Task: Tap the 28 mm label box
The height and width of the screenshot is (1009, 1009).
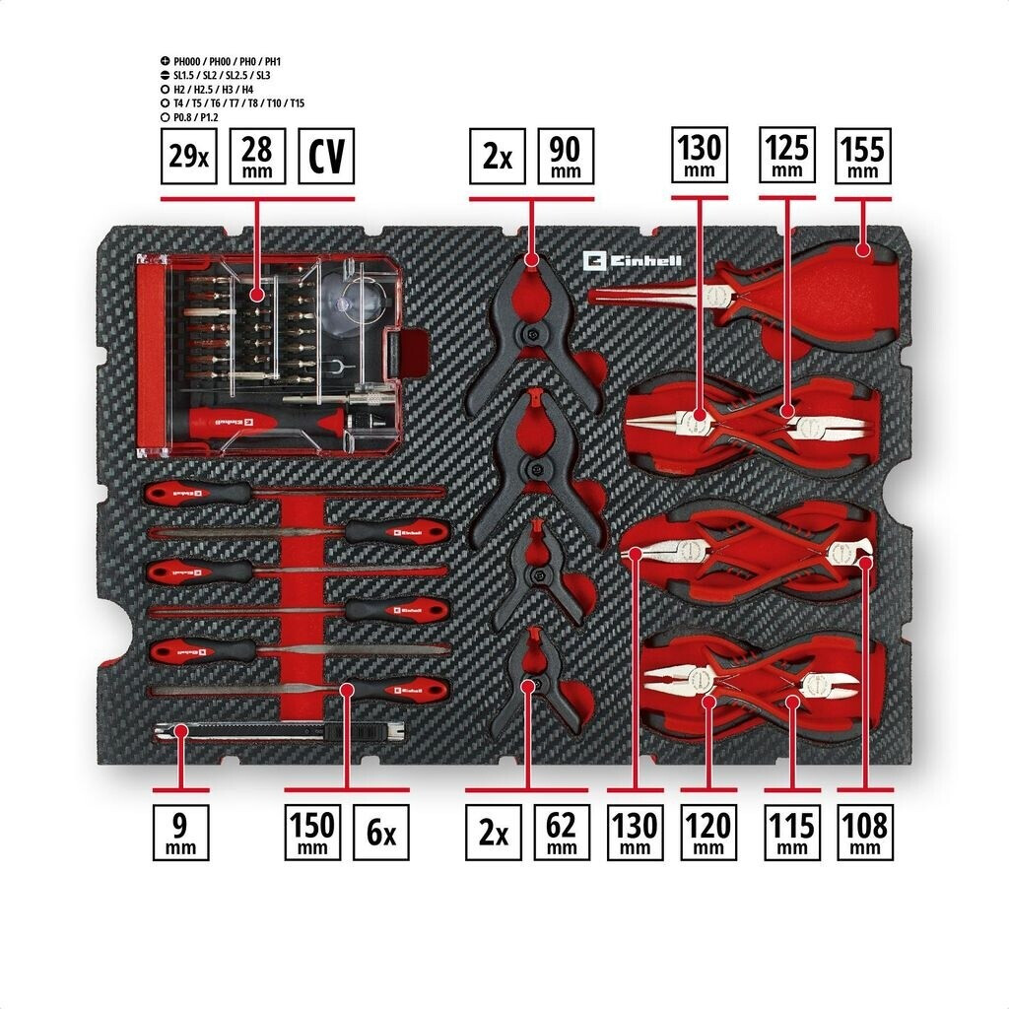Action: click(x=257, y=156)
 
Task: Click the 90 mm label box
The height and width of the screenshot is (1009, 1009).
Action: click(x=566, y=156)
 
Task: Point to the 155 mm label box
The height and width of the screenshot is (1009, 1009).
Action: click(x=862, y=156)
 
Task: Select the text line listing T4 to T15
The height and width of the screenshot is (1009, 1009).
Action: click(x=237, y=102)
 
